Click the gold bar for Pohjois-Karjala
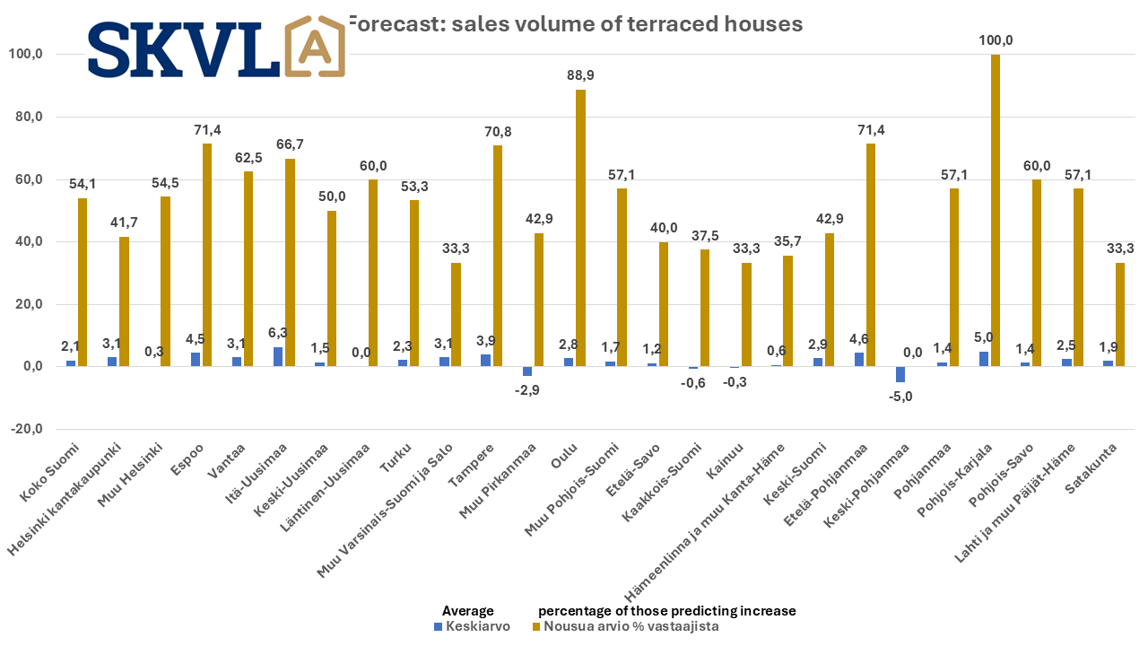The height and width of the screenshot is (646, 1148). [x=996, y=211]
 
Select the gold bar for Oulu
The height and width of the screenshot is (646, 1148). [x=581, y=228]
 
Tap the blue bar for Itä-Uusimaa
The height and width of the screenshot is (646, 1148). [x=278, y=357]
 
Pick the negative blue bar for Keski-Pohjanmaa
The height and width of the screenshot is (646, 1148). [x=900, y=374]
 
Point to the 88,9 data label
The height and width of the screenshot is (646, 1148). [x=581, y=75]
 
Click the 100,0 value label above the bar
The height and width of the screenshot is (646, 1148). [x=996, y=40]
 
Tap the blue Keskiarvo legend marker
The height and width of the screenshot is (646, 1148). [x=439, y=626]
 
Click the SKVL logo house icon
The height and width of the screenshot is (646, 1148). [x=314, y=47]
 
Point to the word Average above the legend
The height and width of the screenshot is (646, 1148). [x=468, y=611]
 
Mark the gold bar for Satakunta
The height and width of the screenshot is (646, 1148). [x=1119, y=315]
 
